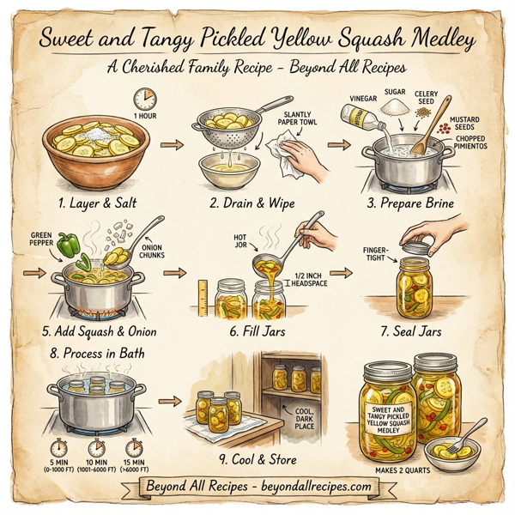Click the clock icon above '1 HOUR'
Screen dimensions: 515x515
coord(145,98)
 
